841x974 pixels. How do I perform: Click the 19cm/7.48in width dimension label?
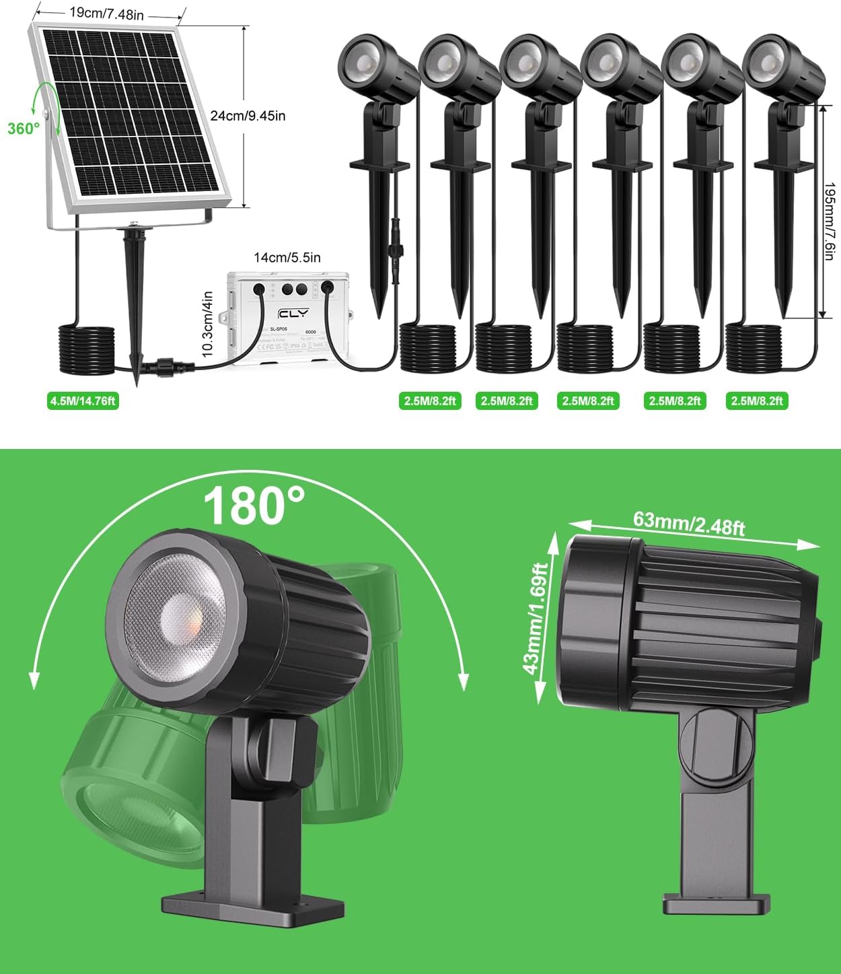[x=108, y=13]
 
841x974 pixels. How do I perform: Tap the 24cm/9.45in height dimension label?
[x=248, y=116]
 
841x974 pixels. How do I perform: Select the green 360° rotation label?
[x=24, y=128]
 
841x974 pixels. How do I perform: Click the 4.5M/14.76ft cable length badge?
[x=83, y=401]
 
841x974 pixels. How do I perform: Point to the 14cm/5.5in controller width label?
[x=287, y=257]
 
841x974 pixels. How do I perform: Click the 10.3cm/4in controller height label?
[x=207, y=324]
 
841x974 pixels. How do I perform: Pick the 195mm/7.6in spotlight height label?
[x=832, y=210]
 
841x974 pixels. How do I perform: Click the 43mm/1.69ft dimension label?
[x=538, y=619]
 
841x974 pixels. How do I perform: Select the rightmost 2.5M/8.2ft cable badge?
[x=757, y=401]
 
